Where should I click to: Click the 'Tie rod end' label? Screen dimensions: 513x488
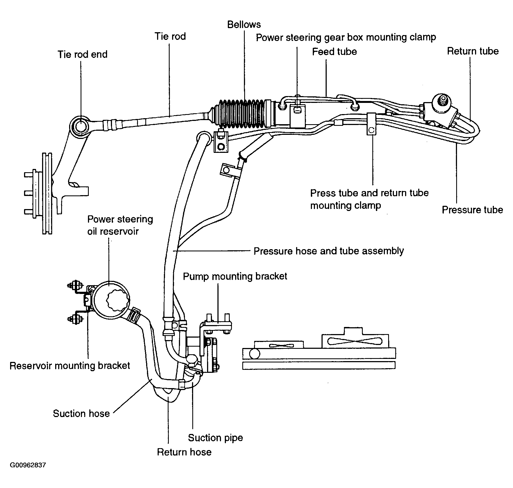click(x=82, y=54)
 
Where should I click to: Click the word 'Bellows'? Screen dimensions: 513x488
click(x=244, y=25)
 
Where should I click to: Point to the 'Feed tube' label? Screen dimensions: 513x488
click(x=334, y=52)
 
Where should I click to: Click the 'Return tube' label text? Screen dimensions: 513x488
click(x=473, y=51)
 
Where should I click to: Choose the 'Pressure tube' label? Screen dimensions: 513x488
click(x=472, y=210)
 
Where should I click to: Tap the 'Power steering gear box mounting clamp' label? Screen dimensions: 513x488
click(x=346, y=37)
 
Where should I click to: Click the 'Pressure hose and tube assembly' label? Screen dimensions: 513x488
click(x=329, y=251)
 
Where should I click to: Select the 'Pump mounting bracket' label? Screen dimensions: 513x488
click(x=235, y=276)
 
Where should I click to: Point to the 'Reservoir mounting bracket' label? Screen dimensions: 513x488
click(x=70, y=365)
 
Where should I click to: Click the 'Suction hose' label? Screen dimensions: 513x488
click(x=81, y=413)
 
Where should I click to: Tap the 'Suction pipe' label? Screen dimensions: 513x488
click(x=215, y=438)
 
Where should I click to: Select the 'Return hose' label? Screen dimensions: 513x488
click(x=184, y=452)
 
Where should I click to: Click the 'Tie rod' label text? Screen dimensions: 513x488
click(x=170, y=36)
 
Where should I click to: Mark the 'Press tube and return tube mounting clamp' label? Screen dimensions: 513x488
click(x=369, y=199)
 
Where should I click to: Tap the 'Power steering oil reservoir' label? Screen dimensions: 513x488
click(x=120, y=225)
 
